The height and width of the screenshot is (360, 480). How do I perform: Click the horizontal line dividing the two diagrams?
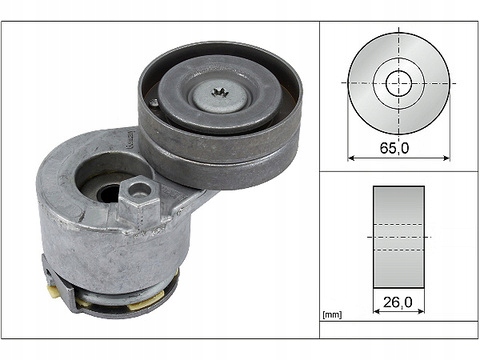pos(398,171)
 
